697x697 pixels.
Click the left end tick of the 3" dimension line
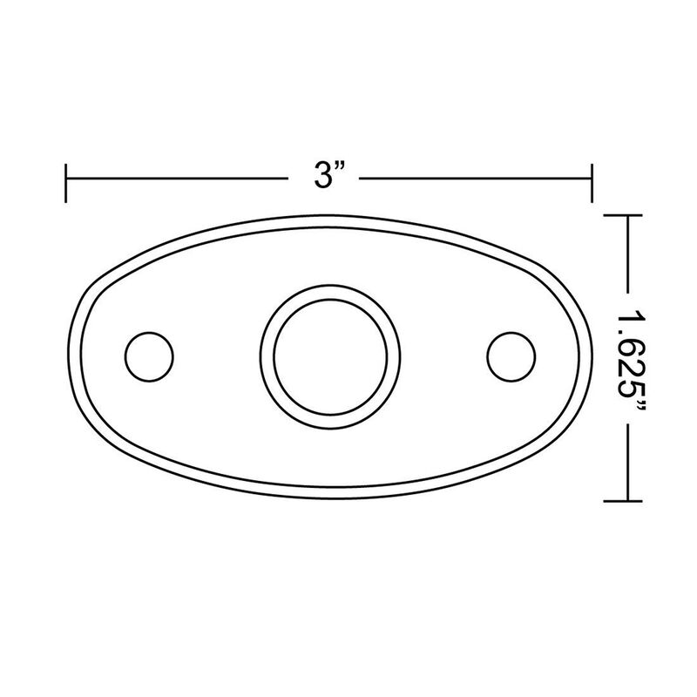67,180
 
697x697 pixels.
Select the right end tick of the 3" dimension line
592,180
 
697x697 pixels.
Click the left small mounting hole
149,355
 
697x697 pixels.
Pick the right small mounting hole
511,355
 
